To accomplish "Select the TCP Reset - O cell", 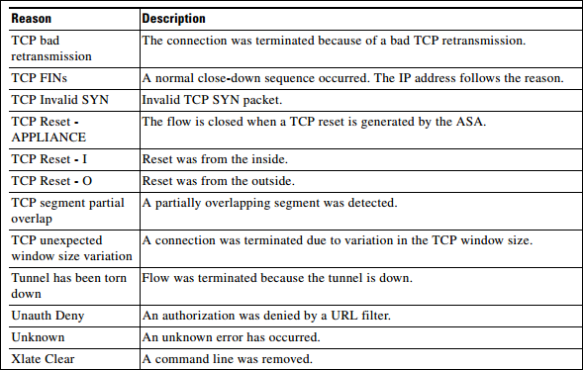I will [51, 182].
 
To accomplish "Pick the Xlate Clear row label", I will [42, 358].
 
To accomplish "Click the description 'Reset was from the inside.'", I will [215, 158].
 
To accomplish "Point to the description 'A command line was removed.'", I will [229, 358].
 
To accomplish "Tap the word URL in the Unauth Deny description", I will [351, 315].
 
